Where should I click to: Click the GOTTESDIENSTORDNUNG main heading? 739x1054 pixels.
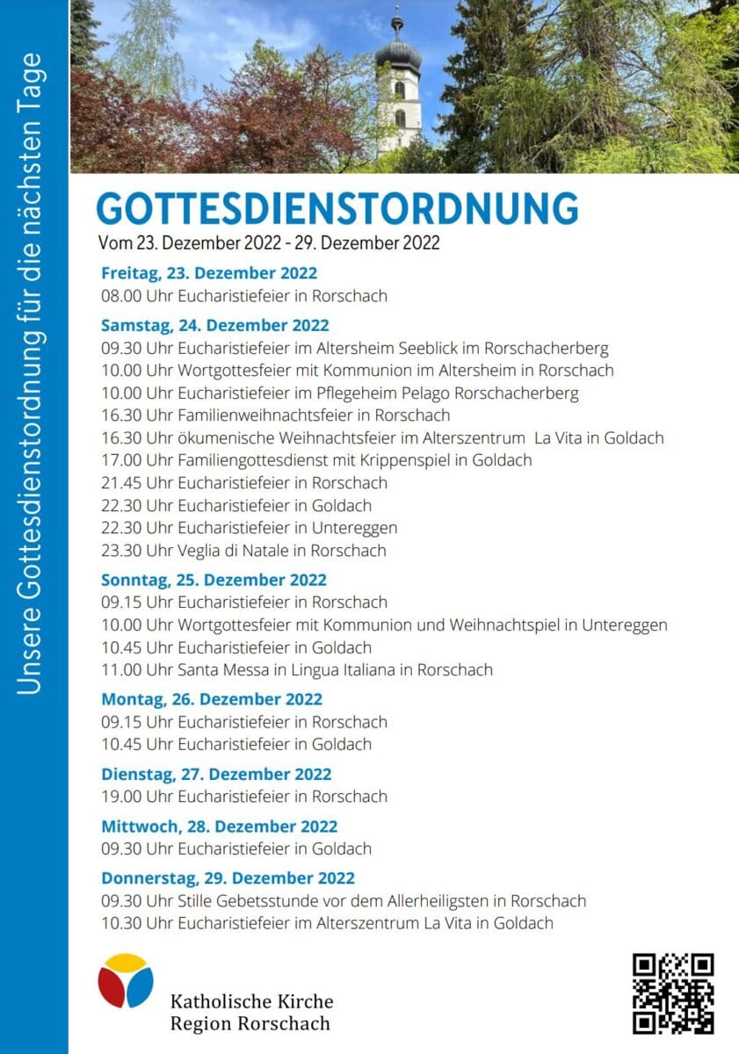[x=337, y=209]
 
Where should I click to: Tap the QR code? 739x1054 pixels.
[x=673, y=993]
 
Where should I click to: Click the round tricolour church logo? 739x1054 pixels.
[x=126, y=980]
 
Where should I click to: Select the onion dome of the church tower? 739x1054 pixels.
[x=398, y=54]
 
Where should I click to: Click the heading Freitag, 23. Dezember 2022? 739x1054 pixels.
[x=209, y=273]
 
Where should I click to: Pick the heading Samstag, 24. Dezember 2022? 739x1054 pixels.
[x=215, y=326]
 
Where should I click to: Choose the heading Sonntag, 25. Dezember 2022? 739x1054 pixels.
[x=214, y=580]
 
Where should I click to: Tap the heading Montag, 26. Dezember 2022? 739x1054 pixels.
[x=212, y=699]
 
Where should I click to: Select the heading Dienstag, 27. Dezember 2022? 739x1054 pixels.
[x=216, y=774]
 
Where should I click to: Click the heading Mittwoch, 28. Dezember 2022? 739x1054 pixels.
[x=220, y=827]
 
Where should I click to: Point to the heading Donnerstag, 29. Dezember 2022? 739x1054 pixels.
[x=228, y=878]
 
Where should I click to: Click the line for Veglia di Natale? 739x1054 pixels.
[x=243, y=551]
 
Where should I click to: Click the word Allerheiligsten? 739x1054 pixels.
[x=435, y=901]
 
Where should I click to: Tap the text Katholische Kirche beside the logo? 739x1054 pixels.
[x=251, y=1001]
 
